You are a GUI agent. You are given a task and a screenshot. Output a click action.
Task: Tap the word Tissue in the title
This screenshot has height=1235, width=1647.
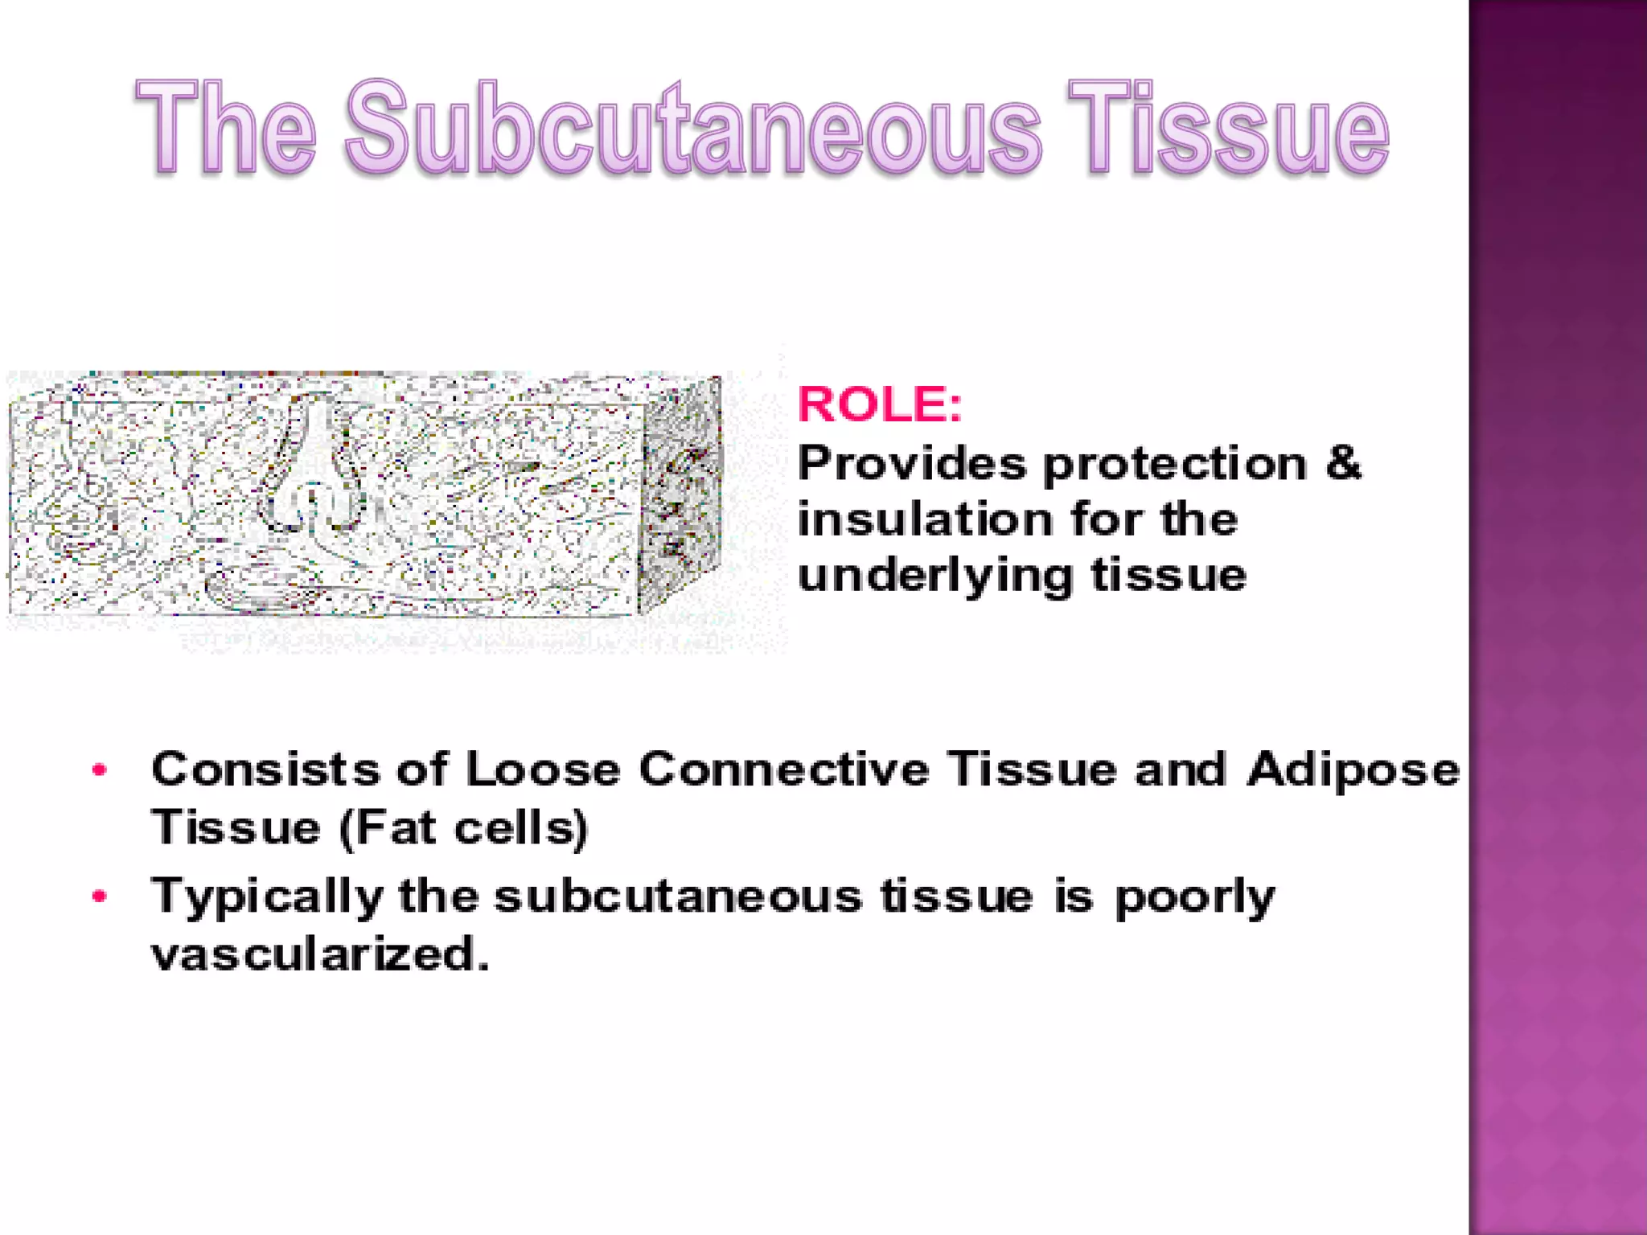[x=1228, y=129]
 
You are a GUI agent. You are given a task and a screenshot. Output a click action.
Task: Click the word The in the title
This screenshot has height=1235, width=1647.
[x=226, y=129]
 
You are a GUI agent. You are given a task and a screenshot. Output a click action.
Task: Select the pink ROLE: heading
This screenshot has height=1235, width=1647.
[x=879, y=404]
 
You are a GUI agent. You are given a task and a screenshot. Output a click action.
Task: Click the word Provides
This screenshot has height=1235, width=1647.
[x=912, y=464]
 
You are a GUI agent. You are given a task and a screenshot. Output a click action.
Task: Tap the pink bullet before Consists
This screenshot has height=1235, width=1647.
[x=100, y=770]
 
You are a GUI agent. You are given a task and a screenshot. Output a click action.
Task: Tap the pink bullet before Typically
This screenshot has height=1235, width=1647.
[x=100, y=896]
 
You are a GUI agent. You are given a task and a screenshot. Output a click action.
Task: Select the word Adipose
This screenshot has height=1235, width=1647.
[x=1353, y=770]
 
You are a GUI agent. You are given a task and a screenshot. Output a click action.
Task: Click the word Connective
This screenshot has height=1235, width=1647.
[x=784, y=769]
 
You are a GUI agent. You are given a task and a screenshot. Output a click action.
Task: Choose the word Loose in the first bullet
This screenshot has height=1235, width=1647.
[x=543, y=769]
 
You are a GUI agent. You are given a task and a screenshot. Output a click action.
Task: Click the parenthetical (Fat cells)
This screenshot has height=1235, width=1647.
[x=464, y=828]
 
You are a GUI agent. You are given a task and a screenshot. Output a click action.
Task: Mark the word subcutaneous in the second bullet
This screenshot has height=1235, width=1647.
[x=677, y=896]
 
